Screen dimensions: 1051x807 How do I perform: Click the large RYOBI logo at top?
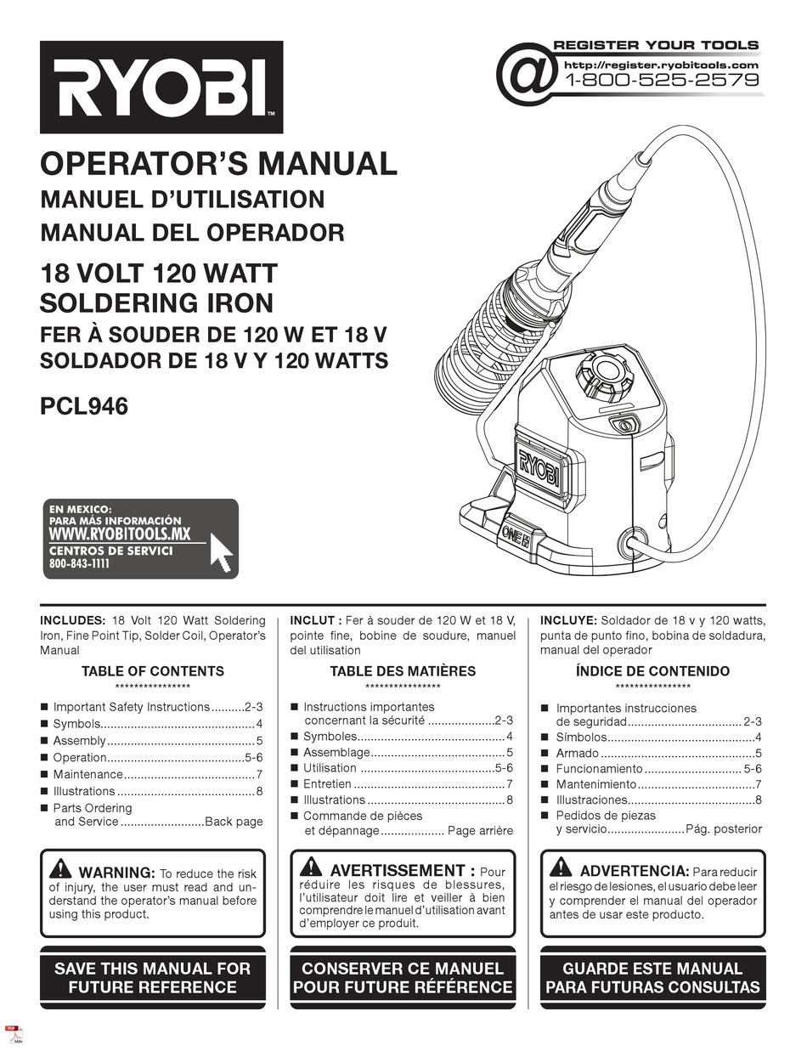coord(161,88)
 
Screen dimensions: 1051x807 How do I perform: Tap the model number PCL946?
coord(84,406)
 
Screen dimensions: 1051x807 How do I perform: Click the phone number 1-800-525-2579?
coord(662,82)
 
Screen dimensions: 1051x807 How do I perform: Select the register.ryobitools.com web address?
coord(660,65)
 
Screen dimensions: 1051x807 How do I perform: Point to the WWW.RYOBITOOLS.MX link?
coord(120,534)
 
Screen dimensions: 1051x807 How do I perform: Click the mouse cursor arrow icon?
coord(221,553)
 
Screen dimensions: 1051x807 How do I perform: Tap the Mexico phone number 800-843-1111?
coord(80,564)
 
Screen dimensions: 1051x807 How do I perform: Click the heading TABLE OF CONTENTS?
coord(153,671)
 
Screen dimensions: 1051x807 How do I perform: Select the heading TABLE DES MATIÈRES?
coord(403,671)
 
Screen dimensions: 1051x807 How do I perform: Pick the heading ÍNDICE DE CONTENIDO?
coord(652,671)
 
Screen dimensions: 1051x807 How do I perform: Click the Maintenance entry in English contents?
coord(88,775)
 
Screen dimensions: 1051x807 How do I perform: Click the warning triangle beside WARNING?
coord(60,869)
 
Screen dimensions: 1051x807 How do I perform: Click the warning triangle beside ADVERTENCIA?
coord(560,867)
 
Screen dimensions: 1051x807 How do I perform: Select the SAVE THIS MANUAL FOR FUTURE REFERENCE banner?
coord(153,978)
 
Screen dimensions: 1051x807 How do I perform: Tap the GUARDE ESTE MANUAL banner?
coord(652,978)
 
